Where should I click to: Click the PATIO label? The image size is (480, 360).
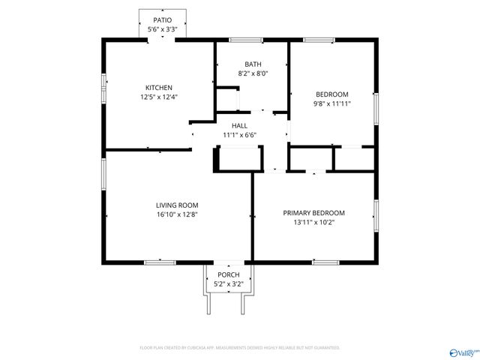click(x=162, y=20)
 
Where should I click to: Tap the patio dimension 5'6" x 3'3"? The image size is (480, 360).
click(x=162, y=29)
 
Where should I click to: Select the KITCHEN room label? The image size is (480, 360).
click(x=159, y=87)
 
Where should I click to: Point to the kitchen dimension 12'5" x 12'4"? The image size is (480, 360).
click(x=159, y=97)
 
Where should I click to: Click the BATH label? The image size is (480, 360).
click(x=253, y=64)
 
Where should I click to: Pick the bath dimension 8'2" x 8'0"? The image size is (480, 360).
click(x=253, y=73)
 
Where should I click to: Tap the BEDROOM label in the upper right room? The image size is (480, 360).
click(x=331, y=94)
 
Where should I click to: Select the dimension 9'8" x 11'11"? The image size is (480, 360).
click(x=331, y=104)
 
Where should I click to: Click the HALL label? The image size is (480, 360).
click(x=239, y=125)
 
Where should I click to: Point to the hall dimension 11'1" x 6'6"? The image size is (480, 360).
click(x=239, y=135)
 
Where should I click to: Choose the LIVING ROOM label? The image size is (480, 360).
click(x=177, y=205)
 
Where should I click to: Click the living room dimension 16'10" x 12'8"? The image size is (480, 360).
click(x=177, y=214)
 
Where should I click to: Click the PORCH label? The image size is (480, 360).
click(x=228, y=275)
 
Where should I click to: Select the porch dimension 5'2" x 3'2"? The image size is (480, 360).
click(x=228, y=284)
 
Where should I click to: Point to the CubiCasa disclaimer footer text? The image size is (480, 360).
click(x=240, y=348)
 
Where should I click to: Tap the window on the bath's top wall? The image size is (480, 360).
click(x=241, y=39)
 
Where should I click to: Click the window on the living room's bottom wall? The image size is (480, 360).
click(x=160, y=262)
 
